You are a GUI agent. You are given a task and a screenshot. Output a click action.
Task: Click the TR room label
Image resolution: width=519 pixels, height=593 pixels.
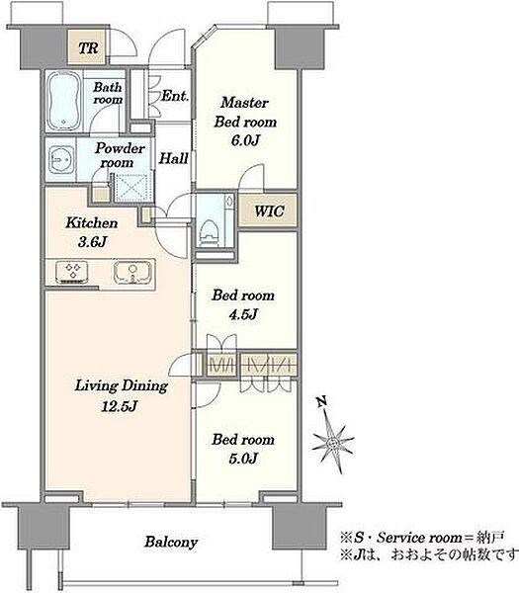coord(88,48)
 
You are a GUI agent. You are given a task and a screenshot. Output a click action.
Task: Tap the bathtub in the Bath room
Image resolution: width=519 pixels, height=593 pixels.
coord(64,100)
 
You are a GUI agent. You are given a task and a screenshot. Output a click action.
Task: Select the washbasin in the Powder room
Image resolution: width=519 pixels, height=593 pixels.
coord(61,160)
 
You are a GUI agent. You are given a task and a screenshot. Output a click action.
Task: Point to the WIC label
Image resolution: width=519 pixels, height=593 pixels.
coord(269,212)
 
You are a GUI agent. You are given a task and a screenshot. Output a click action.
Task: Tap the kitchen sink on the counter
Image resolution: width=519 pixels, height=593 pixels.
coord(132,273)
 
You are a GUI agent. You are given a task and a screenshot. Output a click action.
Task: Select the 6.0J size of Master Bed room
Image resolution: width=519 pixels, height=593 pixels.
coord(245,140)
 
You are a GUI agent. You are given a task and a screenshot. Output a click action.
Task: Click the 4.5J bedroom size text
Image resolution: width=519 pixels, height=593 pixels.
coord(243,314)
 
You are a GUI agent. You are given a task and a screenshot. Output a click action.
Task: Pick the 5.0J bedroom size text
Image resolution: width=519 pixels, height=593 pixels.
coord(243,459)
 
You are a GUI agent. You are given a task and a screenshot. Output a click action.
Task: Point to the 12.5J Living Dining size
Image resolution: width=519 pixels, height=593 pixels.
coord(119,406)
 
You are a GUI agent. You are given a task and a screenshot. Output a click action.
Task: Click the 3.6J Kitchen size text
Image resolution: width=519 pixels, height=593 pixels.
coord(92,242)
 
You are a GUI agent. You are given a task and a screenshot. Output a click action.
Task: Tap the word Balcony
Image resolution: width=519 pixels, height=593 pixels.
coord(171,543)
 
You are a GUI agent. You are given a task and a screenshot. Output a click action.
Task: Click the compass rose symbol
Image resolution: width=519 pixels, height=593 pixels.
coord(333,442)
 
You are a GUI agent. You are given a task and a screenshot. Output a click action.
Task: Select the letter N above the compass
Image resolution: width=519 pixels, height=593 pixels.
coord(321,401)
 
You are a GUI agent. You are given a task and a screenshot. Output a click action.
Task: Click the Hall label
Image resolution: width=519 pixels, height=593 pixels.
coord(173,158)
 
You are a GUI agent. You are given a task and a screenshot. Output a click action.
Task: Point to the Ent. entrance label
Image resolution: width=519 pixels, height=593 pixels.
coord(175,96)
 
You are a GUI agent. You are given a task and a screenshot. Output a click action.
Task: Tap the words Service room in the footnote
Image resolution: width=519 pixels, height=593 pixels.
coord(419,538)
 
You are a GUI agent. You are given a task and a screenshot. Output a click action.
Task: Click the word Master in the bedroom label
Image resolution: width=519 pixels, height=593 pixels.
coord(245,103)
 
